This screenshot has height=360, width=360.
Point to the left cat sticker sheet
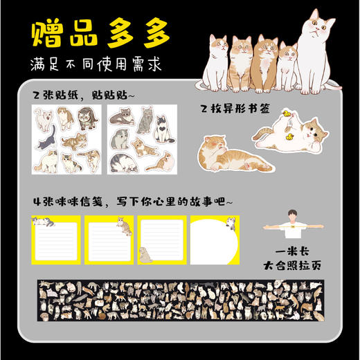[66, 138]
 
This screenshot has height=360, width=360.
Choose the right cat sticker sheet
[142, 138]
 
